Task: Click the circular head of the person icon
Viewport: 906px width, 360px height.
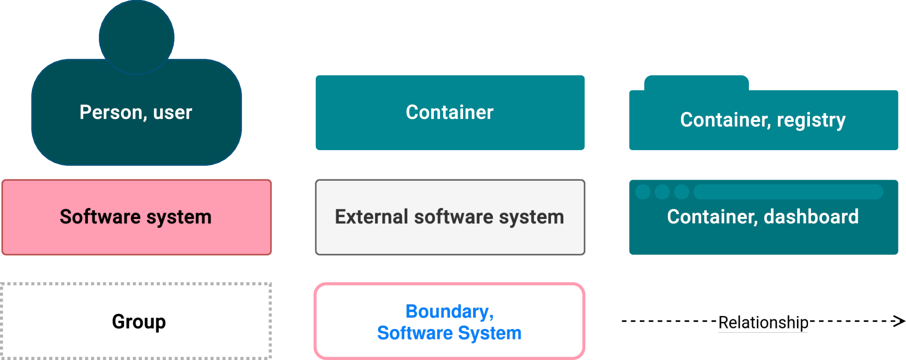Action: (137, 37)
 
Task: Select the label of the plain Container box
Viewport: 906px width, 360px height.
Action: (450, 112)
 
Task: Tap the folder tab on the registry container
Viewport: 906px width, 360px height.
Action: (696, 83)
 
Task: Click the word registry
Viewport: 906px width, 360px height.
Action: (811, 120)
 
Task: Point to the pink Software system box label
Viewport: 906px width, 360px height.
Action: (136, 217)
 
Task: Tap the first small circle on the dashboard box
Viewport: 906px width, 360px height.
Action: (643, 192)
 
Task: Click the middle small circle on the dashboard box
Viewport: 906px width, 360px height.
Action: (662, 192)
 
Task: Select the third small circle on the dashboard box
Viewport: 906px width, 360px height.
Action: (681, 192)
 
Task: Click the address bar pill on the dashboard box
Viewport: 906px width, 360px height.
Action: (788, 192)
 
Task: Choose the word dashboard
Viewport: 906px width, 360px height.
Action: (811, 217)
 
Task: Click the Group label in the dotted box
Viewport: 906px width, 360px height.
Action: (139, 322)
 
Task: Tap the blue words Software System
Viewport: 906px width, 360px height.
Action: (449, 333)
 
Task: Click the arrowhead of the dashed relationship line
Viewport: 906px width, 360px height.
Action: (900, 321)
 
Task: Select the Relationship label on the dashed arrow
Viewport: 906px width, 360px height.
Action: (763, 323)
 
